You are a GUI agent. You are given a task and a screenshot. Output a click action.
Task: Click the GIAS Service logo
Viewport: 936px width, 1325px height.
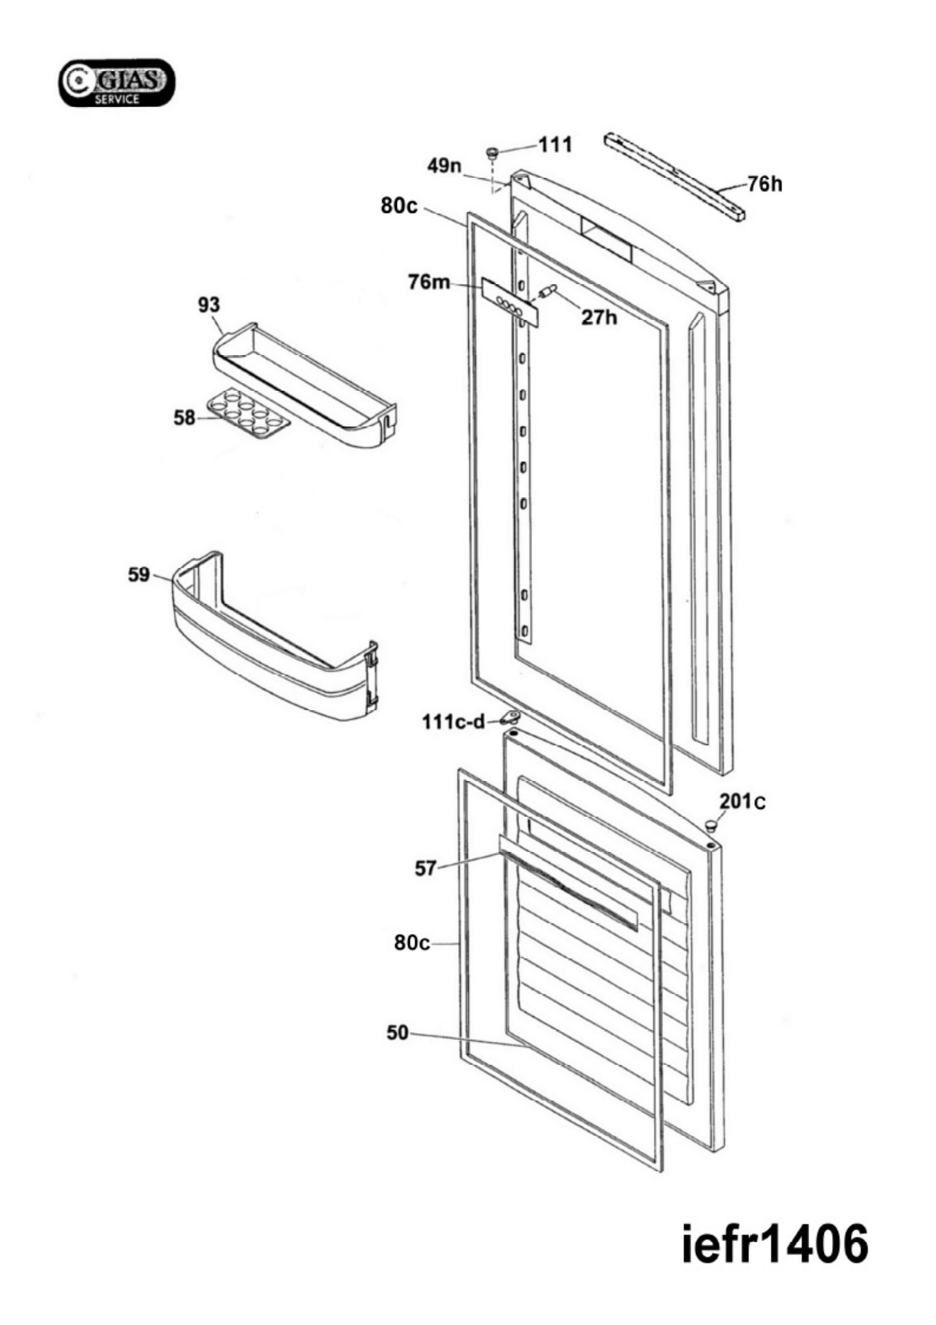tap(117, 83)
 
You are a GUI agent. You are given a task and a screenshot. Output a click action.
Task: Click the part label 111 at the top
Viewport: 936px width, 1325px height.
tap(555, 144)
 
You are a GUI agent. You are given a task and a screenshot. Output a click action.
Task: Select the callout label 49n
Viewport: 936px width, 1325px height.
tap(445, 166)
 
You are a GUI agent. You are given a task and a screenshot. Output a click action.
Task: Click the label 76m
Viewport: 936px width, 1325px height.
tap(429, 283)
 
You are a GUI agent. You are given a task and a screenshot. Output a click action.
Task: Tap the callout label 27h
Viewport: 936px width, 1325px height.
tap(599, 317)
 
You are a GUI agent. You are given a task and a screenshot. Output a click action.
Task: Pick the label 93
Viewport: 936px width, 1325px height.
tap(209, 305)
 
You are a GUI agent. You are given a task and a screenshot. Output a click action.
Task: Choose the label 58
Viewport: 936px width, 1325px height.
tap(185, 418)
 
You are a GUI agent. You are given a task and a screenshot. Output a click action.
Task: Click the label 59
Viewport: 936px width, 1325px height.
tap(138, 575)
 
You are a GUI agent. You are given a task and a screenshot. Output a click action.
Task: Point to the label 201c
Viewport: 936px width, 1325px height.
tap(742, 801)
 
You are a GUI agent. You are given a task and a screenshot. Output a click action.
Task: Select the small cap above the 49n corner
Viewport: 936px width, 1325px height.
tap(492, 152)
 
